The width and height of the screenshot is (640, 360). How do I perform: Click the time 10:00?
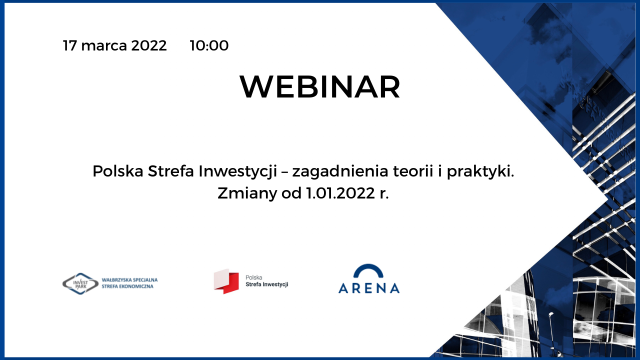209,45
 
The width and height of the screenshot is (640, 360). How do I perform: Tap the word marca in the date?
104,45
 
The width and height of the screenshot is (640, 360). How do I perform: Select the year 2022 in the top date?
149,45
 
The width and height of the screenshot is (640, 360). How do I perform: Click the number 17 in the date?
70,45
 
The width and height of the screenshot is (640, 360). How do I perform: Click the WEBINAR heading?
320,87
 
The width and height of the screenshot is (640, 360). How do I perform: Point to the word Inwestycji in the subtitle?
237,171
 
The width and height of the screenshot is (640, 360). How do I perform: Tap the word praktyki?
480,171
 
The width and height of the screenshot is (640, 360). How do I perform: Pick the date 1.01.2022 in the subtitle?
340,193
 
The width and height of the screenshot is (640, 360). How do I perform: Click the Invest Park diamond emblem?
80,283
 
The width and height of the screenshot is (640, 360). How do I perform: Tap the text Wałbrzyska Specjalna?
129,280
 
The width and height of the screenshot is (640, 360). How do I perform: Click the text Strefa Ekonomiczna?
127,286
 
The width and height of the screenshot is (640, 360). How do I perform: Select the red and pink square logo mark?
226,281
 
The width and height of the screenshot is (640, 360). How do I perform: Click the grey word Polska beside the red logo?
253,277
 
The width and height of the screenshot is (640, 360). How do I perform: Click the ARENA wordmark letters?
369,288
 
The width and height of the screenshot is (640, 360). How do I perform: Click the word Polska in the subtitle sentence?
118,171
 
